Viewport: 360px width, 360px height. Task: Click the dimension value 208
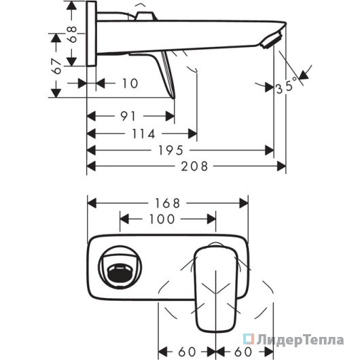(194, 166)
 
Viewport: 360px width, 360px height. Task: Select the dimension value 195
(170, 151)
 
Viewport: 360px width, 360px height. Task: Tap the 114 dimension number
(143, 134)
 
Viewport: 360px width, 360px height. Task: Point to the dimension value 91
(128, 116)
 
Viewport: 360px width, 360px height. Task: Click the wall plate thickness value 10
(130, 83)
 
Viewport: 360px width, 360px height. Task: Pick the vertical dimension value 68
(72, 34)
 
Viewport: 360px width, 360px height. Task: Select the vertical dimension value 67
(56, 66)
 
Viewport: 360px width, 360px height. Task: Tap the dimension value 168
(168, 203)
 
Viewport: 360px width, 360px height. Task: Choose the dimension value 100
(162, 219)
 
